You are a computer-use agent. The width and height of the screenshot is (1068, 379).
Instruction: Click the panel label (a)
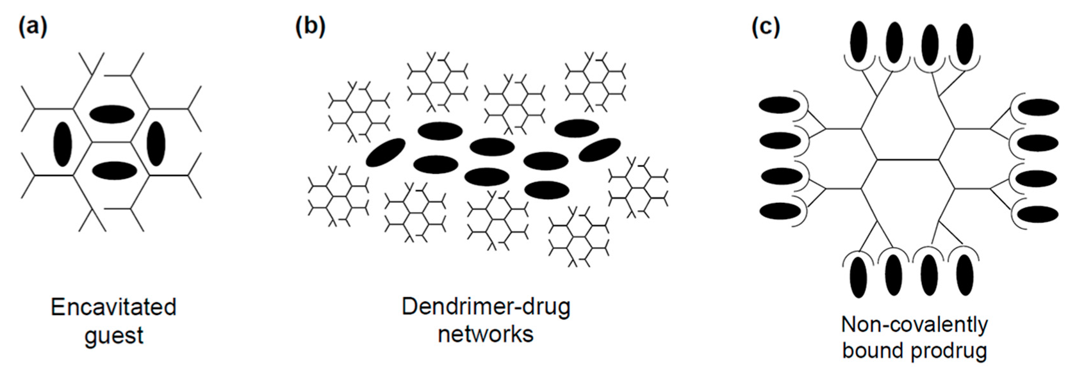click(33, 27)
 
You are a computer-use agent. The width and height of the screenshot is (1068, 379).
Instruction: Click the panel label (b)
click(310, 27)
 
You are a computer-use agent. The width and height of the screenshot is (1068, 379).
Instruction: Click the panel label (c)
click(766, 27)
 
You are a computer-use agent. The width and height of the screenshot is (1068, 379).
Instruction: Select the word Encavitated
click(113, 307)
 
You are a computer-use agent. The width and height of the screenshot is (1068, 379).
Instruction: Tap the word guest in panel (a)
click(113, 335)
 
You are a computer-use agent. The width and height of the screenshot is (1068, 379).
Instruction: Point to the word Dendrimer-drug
click(486, 307)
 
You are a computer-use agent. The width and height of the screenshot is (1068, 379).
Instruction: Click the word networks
click(486, 334)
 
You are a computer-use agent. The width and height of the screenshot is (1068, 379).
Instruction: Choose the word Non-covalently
click(914, 325)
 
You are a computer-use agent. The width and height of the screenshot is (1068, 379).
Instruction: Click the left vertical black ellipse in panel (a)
click(62, 143)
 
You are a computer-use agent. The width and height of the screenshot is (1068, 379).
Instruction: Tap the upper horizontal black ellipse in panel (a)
click(111, 114)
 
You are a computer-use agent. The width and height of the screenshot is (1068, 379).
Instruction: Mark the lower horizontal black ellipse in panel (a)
click(114, 171)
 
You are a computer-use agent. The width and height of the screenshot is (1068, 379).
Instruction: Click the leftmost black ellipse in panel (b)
click(386, 152)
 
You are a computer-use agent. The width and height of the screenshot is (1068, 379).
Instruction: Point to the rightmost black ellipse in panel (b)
click(599, 150)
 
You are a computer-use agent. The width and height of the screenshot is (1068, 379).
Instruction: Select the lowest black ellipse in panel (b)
click(546, 190)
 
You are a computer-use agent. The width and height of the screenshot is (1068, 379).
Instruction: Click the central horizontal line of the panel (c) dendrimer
click(914, 159)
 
